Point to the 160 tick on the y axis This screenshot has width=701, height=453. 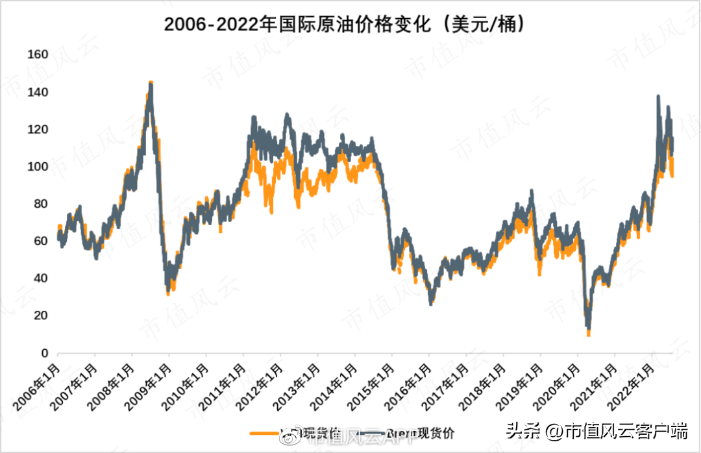coord(38,55)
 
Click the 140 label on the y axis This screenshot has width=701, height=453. coord(38,92)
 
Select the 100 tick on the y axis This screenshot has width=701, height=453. coord(38,167)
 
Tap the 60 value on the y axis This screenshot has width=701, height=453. coord(40,241)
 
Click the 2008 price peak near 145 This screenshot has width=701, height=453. coord(151,83)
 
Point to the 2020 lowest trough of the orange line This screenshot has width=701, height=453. coord(589,334)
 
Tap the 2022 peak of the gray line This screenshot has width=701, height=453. coord(658,97)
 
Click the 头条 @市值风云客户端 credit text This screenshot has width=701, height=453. coord(596,430)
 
